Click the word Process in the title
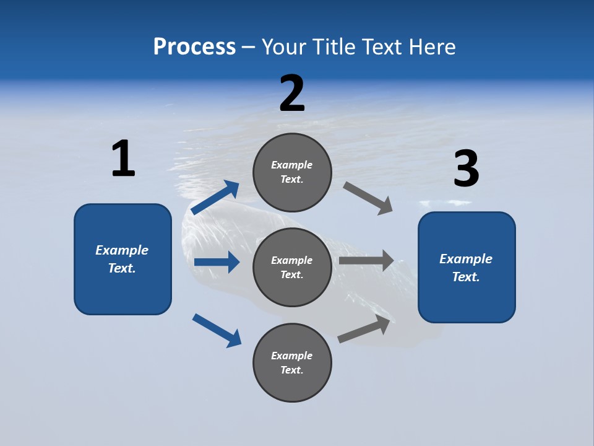click(194, 46)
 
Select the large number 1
click(123, 159)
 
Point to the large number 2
click(292, 94)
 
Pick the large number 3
click(466, 168)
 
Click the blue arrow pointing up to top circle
click(215, 198)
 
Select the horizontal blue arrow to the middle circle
click(217, 262)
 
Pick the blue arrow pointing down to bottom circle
click(217, 330)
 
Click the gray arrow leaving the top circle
click(368, 198)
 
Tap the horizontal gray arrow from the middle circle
click(366, 260)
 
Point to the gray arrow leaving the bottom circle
click(365, 329)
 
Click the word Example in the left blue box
click(122, 250)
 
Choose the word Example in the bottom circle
click(292, 356)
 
